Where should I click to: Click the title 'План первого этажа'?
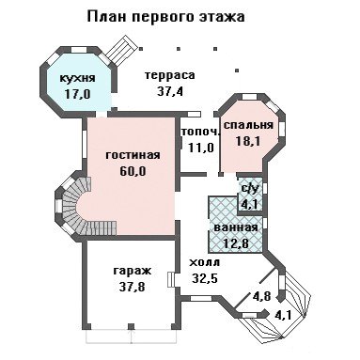coord(165,18)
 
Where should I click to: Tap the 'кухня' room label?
coord(77,78)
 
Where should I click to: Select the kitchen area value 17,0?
coord(77,94)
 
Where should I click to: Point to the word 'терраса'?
coord(170,75)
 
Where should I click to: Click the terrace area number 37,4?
coord(169,91)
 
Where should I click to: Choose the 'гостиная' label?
coord(133,155)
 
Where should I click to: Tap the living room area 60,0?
coord(133,171)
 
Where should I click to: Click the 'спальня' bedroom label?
coord(248,125)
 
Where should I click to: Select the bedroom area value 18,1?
coord(247,141)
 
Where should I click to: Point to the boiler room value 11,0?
coord(201,147)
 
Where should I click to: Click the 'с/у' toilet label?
coord(250,188)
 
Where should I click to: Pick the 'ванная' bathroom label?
coord(236,227)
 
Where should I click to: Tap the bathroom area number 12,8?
coord(236,243)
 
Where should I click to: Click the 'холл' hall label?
coord(205,262)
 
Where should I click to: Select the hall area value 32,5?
coord(205,278)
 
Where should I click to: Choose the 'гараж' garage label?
coord(132,271)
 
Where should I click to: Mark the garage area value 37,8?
coord(132,287)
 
